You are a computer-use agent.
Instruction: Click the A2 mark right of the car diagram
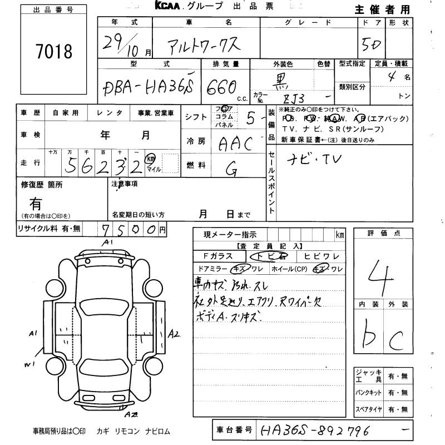point(174,334)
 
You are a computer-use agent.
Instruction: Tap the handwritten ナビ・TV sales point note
point(314,160)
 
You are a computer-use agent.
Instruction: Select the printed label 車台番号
point(234,429)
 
